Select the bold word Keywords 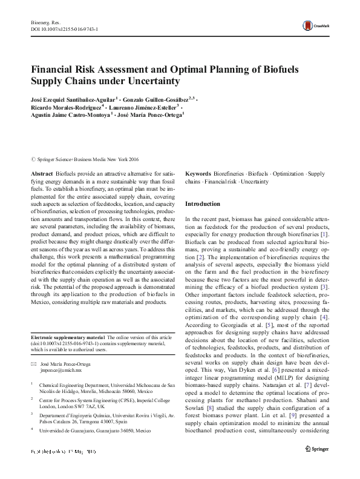click(x=198, y=173)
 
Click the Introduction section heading click(x=204, y=204)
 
